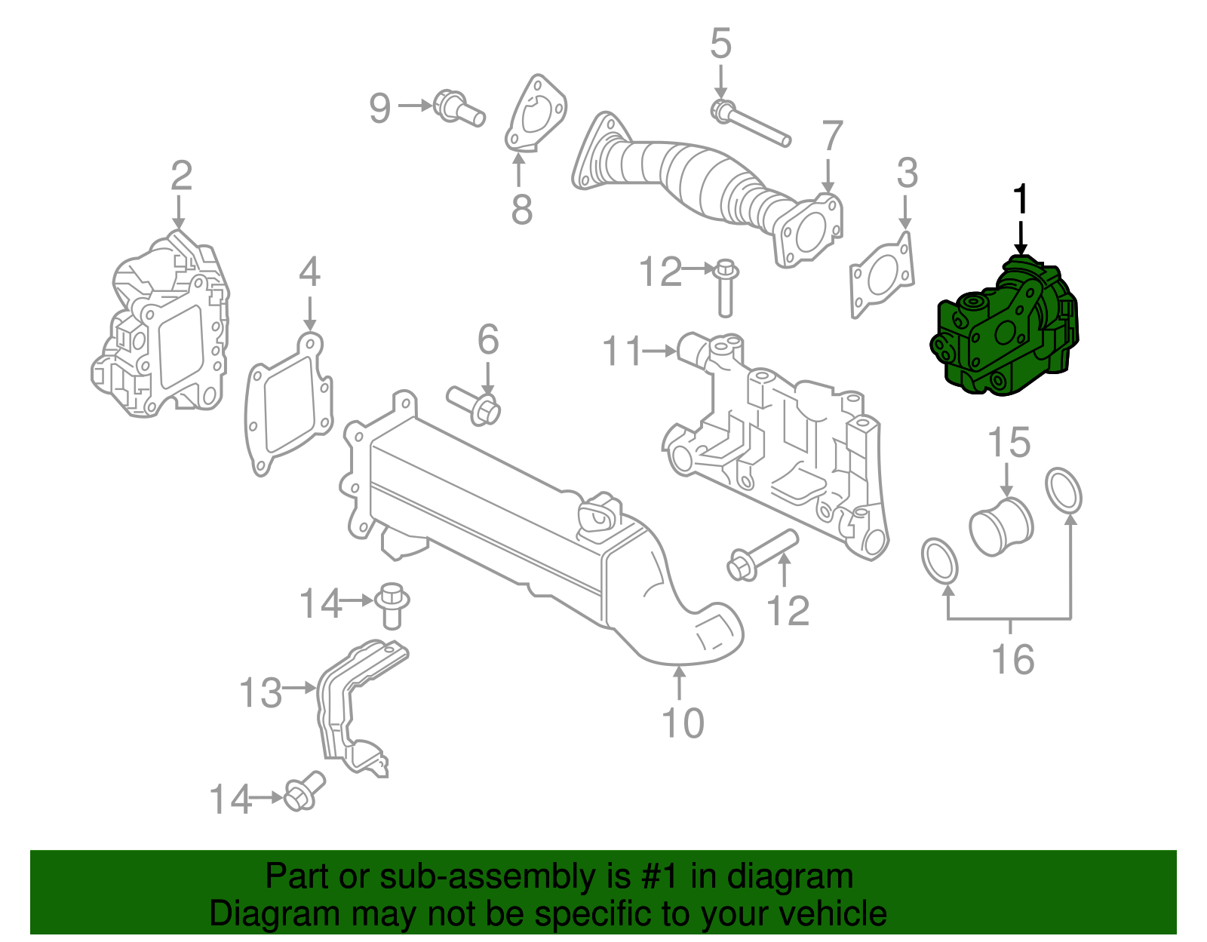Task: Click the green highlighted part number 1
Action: [1003, 332]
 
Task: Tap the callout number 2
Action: [181, 176]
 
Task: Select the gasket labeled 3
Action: [881, 278]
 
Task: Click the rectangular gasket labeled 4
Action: [289, 407]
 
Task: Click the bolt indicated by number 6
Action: [475, 404]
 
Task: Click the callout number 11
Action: [622, 351]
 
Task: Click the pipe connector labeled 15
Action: [1001, 524]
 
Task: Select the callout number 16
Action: [1012, 660]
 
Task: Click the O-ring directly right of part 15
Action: [1064, 491]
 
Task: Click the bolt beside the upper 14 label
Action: [392, 605]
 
